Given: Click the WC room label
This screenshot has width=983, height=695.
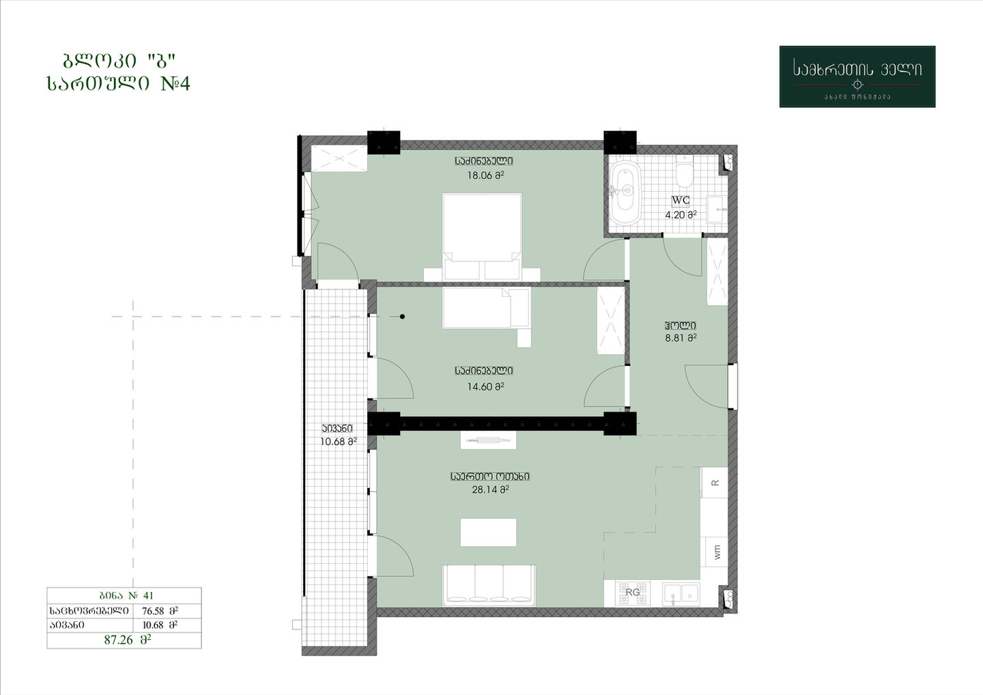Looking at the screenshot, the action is (681, 201).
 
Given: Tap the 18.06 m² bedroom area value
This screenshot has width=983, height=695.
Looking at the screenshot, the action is (485, 175).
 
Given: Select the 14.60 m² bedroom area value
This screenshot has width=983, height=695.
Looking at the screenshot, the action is (485, 386).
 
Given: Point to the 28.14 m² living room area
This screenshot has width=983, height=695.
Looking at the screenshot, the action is (490, 490).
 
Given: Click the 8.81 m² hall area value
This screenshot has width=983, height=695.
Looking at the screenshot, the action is (681, 338).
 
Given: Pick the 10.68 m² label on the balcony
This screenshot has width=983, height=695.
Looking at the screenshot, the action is (338, 442).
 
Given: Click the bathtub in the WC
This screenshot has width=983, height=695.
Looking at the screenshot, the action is (625, 190).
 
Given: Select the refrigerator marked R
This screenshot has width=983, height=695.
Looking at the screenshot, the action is (715, 482).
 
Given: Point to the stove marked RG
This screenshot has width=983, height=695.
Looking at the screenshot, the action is (632, 593).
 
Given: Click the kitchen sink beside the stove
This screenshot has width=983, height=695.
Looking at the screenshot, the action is (681, 595).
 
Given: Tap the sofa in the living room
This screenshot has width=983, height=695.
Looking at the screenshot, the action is (489, 585).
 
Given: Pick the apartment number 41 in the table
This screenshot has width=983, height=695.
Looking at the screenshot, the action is (148, 595).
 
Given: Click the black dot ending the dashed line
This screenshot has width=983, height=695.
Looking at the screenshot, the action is (403, 316).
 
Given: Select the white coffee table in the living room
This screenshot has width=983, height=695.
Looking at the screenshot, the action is (488, 533).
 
